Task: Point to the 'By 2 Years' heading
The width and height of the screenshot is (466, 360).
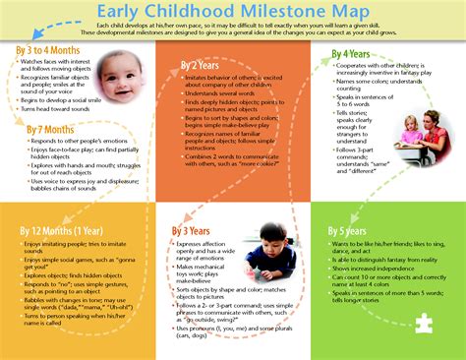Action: (201, 65)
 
